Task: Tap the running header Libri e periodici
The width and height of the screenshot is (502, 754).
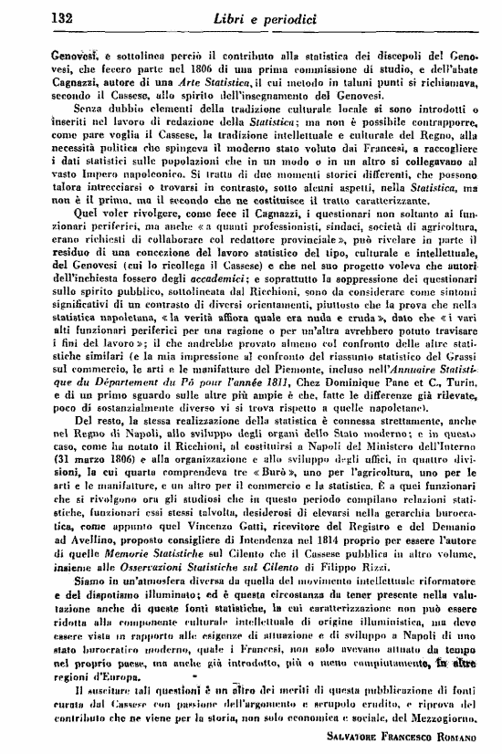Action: click(258, 16)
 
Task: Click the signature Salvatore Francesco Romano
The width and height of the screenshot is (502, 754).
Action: click(402, 733)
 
